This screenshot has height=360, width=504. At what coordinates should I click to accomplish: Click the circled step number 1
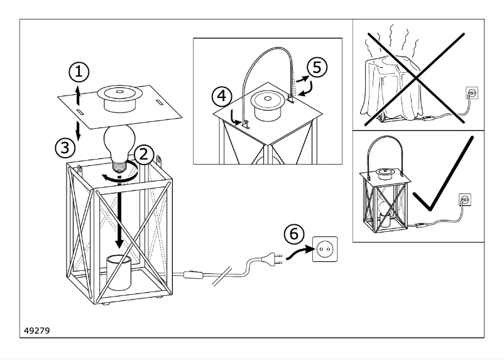[79, 73]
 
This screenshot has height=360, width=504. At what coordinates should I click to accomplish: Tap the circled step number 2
[143, 154]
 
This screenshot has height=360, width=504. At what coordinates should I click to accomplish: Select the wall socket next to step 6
[325, 248]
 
